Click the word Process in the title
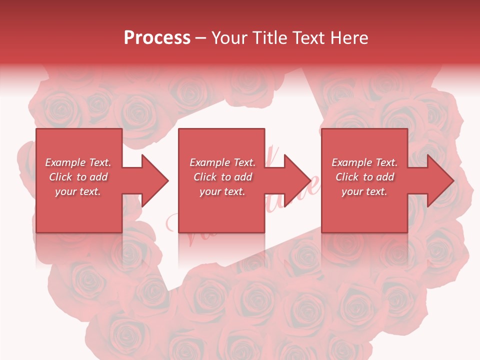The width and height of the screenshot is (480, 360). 157,38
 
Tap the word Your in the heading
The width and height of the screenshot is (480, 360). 229,38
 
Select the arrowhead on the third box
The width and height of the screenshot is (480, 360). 438,180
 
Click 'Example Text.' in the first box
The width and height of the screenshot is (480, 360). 78,162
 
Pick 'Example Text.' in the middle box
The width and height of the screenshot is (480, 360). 222,162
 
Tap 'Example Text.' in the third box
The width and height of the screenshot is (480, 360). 364,162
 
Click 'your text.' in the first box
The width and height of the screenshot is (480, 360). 78,191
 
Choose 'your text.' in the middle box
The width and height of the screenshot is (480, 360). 222,191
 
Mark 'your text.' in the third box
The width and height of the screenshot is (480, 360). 364,191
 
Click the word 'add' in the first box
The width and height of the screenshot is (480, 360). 98,177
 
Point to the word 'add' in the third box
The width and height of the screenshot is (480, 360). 385,177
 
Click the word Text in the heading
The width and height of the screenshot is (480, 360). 305,38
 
